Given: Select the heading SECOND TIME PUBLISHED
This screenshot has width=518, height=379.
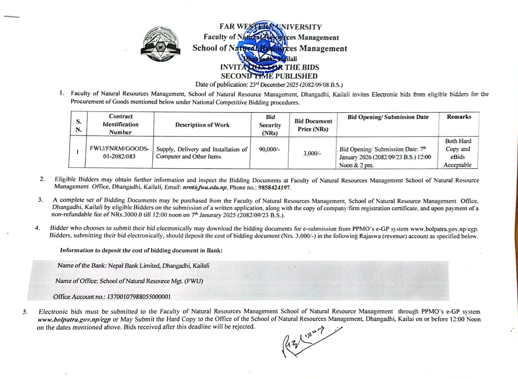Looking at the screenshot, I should [269, 76].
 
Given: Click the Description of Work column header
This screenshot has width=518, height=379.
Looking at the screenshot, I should [202, 125].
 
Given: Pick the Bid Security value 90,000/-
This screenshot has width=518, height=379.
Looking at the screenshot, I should [269, 149].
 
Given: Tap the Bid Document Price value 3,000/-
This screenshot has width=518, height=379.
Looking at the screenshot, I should [312, 154].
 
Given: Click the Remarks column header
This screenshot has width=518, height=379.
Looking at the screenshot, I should [459, 117].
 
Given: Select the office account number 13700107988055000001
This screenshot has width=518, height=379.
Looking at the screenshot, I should [138, 297].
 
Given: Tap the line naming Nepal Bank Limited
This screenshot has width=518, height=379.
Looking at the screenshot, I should [134, 266].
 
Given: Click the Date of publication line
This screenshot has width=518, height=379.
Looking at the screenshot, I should [269, 85].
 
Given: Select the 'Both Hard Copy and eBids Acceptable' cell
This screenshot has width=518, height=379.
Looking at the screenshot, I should [458, 153].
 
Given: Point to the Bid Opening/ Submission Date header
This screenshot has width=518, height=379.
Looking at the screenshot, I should [388, 117].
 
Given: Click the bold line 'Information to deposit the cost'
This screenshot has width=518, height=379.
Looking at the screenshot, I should [141, 250].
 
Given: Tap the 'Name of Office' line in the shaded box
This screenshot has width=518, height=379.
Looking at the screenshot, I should [129, 281].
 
